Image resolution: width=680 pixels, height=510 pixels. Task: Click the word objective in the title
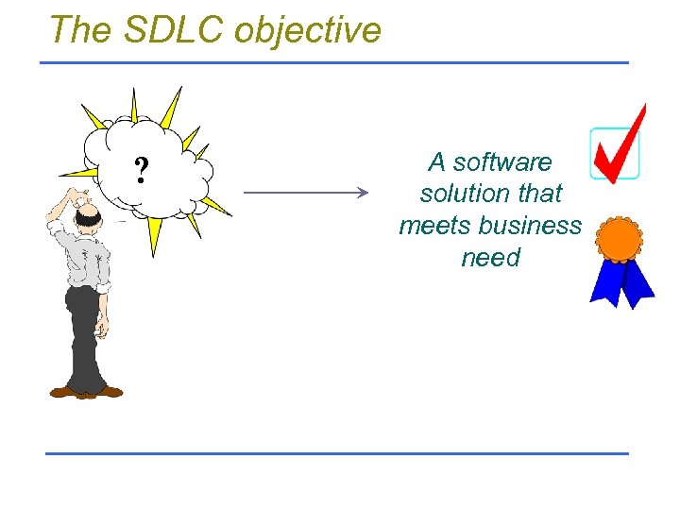308,31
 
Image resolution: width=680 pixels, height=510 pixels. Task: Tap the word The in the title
80,29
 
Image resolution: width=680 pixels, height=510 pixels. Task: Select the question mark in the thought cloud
141,171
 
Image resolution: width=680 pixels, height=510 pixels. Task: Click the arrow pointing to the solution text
305,193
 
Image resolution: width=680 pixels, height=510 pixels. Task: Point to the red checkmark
620,147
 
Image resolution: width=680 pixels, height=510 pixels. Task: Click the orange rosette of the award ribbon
620,238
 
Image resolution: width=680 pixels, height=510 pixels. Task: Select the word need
490,258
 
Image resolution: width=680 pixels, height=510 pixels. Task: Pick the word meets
435,226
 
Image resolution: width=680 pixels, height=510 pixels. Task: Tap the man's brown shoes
85,391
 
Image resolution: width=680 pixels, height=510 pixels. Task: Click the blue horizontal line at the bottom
337,453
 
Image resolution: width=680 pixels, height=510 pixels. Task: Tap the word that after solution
535,194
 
